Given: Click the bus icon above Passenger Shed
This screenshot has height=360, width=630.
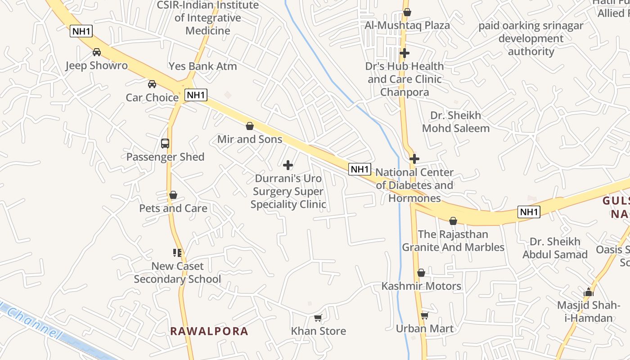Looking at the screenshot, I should point(165,144).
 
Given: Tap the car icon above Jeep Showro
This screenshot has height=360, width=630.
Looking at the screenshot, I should point(97,52).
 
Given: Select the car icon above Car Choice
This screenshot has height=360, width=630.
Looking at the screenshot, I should point(152,84).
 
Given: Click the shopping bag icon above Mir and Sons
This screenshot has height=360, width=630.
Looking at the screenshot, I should point(250,126).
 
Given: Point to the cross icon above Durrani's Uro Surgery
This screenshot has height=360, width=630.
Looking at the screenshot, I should point(288,165).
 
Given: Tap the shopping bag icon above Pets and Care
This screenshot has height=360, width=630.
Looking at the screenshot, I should point(173,195).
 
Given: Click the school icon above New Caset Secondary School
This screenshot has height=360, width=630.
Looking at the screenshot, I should point(177,253).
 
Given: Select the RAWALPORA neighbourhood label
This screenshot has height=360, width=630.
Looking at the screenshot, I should point(209,332).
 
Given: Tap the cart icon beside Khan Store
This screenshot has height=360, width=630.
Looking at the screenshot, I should point(318,318).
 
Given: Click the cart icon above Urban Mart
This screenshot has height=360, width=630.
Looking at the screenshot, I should point(424,315).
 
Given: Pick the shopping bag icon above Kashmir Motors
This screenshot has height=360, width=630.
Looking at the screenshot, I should point(421,273).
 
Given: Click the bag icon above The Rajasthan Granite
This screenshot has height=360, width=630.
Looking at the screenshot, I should point(453,221).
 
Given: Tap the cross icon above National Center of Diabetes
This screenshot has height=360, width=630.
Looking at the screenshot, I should point(414,159).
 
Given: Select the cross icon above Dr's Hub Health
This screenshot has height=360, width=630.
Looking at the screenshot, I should point(405,53).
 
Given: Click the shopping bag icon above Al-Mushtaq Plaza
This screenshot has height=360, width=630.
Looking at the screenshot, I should point(407,12).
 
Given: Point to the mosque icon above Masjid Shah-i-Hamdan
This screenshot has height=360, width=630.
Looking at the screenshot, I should point(589,292).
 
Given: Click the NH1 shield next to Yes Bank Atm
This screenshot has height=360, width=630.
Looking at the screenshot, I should point(196,95).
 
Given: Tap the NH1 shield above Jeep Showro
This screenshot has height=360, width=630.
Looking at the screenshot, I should point(81,31).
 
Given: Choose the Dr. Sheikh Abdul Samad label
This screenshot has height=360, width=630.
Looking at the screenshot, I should point(555,248).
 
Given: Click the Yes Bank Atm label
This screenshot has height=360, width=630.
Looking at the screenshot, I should point(202,66).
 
